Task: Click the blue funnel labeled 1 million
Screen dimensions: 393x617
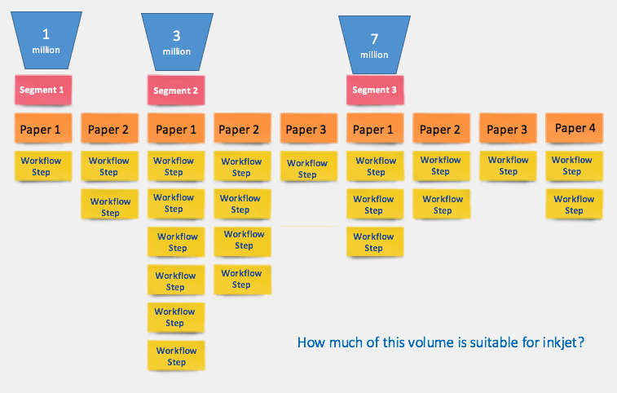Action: (46, 40)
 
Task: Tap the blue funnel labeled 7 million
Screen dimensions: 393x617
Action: (374, 44)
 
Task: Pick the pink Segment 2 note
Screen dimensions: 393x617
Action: (176, 91)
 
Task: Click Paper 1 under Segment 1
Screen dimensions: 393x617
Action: (43, 129)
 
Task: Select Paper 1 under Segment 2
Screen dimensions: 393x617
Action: (176, 129)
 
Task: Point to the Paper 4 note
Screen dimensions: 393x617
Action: (575, 128)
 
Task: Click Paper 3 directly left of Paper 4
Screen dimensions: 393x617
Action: (508, 129)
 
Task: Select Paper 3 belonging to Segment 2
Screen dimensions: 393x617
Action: (306, 130)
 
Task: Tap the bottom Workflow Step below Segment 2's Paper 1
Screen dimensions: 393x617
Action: (176, 356)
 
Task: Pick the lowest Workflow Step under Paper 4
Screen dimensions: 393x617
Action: (574, 205)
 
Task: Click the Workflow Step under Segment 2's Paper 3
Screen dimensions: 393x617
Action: (306, 169)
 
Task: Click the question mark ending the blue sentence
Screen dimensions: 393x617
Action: (583, 343)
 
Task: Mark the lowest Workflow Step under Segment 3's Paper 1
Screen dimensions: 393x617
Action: (374, 242)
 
